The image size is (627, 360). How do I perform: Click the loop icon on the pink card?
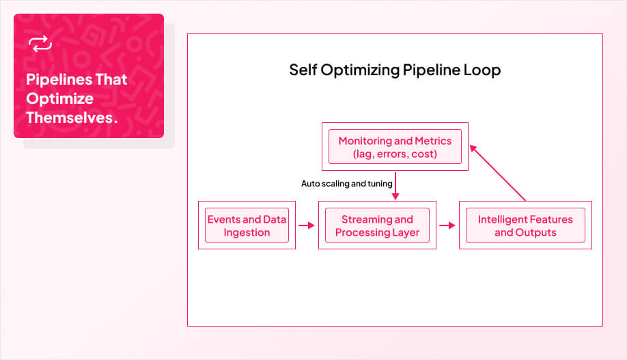coord(40,44)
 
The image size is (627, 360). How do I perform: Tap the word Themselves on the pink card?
coord(68,117)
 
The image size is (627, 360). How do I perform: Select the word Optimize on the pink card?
coord(59,98)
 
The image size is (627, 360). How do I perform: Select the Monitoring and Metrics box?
coord(395,147)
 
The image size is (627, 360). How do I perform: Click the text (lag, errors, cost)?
coord(395,154)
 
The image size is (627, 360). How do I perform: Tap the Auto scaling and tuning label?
coord(346,184)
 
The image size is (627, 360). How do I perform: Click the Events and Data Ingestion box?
coord(247,225)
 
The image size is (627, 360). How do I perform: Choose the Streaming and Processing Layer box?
coord(377,225)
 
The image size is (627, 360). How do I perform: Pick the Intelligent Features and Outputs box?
coord(525,225)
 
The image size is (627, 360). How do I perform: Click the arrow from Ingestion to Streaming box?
coord(307,225)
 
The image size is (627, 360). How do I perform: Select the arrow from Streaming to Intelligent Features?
coord(447,225)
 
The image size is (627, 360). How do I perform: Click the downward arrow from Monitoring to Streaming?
coord(395,185)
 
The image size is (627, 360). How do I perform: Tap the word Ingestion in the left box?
coord(247,232)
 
